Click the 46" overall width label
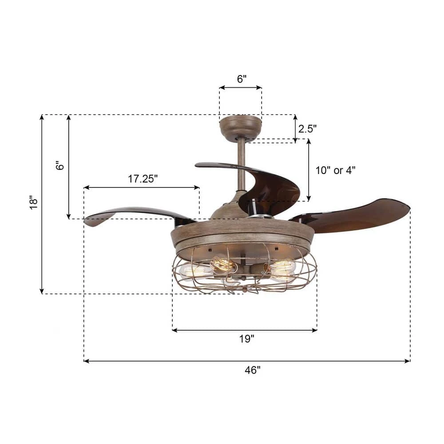[x=252, y=370]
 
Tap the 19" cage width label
[x=246, y=339]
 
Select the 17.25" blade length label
[x=143, y=179]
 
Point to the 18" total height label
[x=33, y=202]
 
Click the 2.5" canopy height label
[x=307, y=129]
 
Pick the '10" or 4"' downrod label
[x=335, y=170]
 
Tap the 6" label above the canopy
[x=242, y=79]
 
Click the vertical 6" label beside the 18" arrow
[x=60, y=166]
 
